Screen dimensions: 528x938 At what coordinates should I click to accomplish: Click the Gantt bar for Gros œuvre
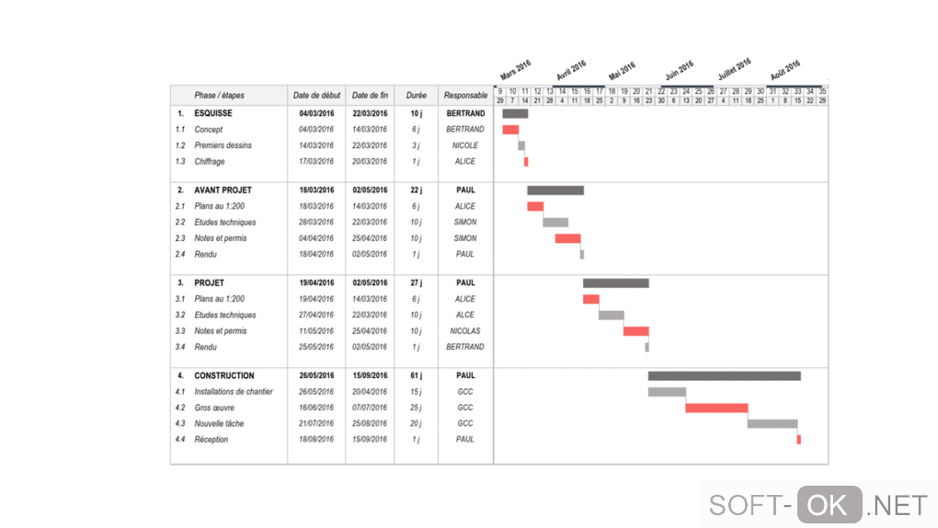716,407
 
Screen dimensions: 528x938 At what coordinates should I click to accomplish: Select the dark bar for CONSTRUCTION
724,375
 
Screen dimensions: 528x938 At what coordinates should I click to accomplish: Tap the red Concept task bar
510,130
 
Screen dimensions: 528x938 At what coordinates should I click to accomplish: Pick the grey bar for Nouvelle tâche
772,424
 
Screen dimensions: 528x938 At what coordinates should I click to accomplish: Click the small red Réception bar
798,440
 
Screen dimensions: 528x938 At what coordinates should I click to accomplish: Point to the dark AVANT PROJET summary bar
555,190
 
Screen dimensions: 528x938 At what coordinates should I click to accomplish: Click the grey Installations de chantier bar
667,392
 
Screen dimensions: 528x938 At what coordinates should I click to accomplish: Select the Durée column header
416,96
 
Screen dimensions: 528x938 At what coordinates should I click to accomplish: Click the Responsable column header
465,96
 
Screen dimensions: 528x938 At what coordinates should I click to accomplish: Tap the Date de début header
316,96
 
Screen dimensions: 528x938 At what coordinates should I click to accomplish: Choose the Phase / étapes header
219,96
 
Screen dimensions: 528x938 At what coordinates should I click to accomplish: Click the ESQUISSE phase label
213,113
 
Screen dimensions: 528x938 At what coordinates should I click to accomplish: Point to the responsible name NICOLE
465,145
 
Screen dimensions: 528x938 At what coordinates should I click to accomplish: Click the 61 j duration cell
416,375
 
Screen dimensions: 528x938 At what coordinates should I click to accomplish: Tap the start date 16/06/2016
316,407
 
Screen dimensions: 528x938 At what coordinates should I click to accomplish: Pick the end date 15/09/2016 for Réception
370,440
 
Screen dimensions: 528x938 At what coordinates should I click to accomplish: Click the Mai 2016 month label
622,71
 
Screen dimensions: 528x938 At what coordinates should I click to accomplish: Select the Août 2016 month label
784,69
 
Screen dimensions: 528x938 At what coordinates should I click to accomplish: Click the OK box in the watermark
829,505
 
